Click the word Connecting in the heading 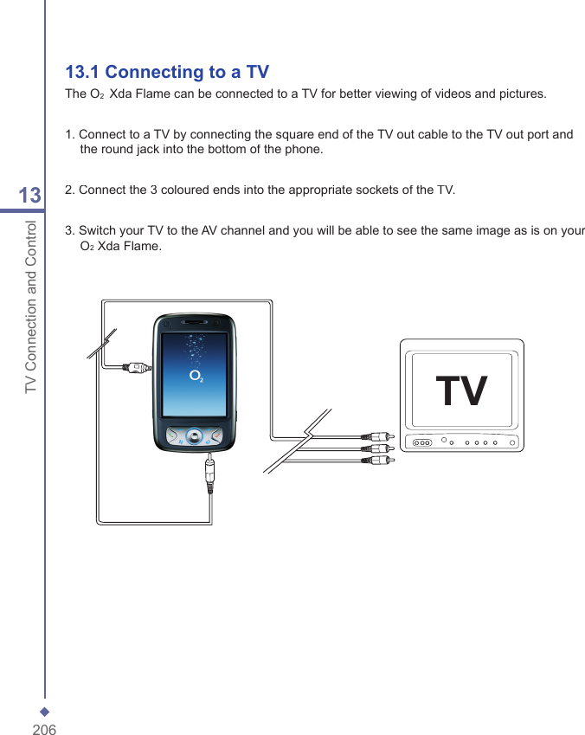153,72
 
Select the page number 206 44,730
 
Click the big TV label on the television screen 461,390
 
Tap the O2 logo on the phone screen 196,377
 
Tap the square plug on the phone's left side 138,367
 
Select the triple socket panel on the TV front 421,442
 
